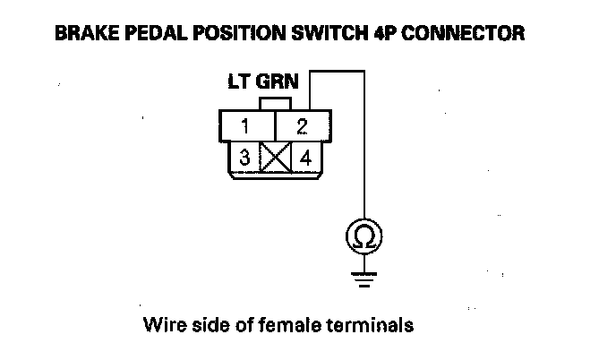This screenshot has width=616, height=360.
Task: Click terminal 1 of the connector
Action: [245, 125]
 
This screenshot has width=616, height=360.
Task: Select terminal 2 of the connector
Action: [303, 125]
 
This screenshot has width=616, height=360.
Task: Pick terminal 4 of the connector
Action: [304, 159]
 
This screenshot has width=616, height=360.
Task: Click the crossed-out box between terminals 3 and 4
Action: [274, 159]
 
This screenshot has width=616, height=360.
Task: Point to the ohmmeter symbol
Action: [364, 237]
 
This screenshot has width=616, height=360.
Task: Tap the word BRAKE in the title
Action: [83, 34]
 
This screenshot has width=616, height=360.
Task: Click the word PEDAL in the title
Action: [148, 34]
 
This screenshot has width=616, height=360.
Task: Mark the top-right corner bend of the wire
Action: [364, 72]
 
